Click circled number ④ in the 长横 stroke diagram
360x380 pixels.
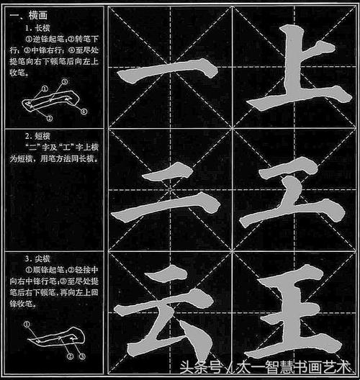(x=84, y=112)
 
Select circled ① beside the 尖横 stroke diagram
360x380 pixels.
(x=27, y=325)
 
